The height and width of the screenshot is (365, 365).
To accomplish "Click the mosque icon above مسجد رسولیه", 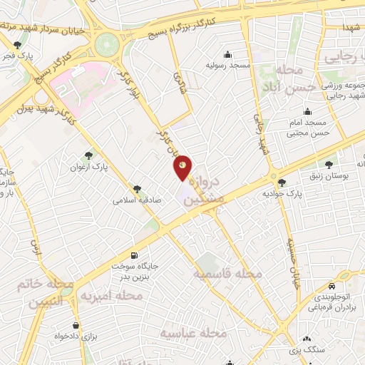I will tap(227, 54).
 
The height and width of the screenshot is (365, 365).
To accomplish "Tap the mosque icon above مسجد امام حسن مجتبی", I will tap(307, 110).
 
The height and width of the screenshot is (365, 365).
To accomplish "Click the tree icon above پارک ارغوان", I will tap(88, 155).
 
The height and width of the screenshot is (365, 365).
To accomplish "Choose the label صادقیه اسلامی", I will tap(138, 200).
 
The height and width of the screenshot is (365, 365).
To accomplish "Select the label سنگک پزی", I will tap(307, 350).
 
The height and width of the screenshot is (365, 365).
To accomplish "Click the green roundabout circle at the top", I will tap(107, 43).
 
